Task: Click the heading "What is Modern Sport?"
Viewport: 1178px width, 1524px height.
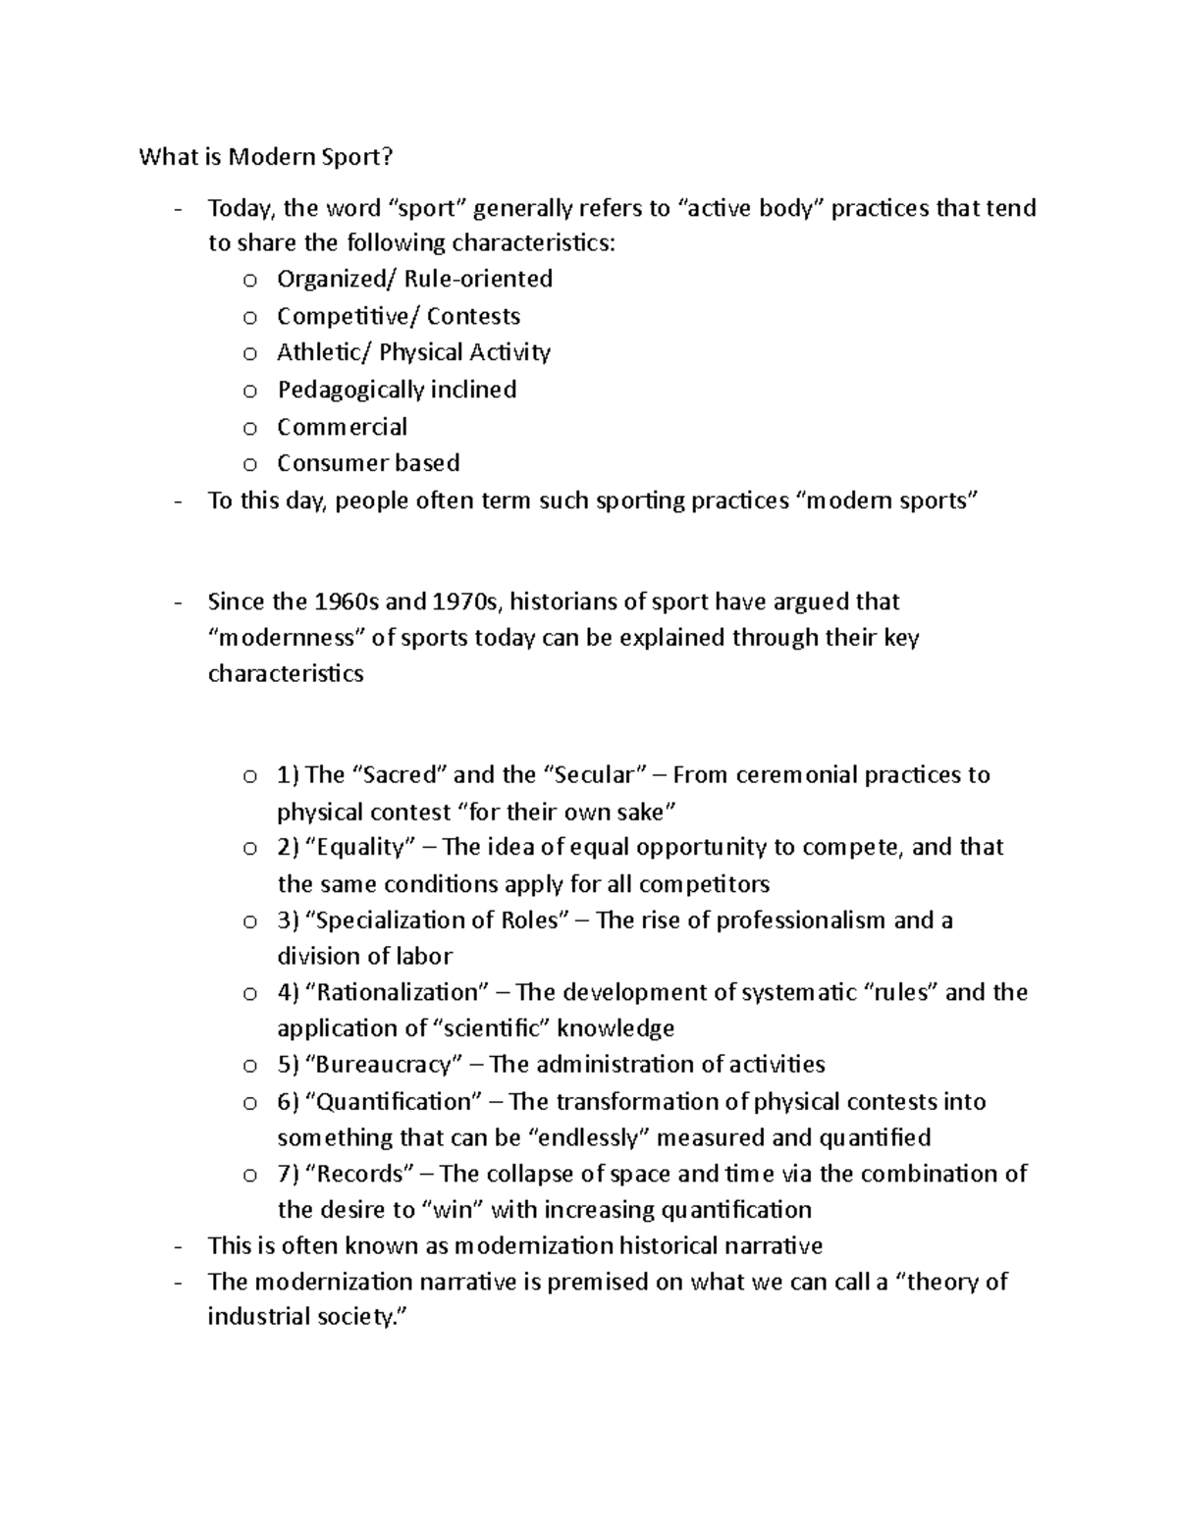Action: pos(270,157)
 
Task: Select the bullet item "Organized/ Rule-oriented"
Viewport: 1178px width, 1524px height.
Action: pos(414,279)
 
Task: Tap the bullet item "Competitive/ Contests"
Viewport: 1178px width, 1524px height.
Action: pos(399,316)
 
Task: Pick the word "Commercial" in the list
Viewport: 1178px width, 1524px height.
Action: pos(342,427)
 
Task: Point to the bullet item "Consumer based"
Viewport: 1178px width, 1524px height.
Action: pos(368,463)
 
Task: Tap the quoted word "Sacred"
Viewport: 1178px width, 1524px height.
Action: pos(399,775)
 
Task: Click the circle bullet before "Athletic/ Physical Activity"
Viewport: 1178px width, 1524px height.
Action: pos(250,353)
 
